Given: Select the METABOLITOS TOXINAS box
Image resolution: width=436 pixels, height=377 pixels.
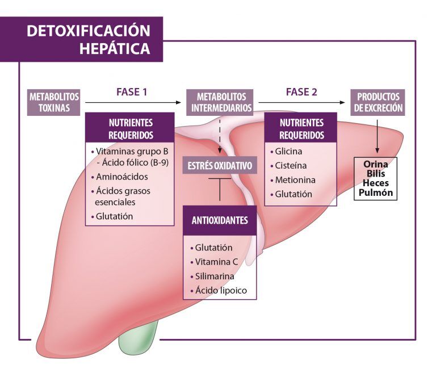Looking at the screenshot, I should (54, 102).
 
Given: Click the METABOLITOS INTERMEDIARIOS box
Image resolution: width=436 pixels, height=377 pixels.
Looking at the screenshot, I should (221, 102).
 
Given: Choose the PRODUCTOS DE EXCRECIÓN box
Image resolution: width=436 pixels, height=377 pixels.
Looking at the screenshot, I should (378, 102).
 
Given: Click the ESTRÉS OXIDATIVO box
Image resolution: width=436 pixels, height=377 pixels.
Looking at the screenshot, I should (220, 166).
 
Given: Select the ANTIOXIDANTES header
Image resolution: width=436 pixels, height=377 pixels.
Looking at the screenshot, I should (220, 220).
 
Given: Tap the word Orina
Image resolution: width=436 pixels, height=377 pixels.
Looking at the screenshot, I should (376, 164).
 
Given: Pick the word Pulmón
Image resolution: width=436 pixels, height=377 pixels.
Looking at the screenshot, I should (376, 193).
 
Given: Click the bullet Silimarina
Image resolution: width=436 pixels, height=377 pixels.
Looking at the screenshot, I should (215, 277).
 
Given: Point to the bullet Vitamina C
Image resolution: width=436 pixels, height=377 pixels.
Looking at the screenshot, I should (215, 262).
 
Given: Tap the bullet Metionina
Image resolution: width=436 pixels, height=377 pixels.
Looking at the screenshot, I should (294, 179).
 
